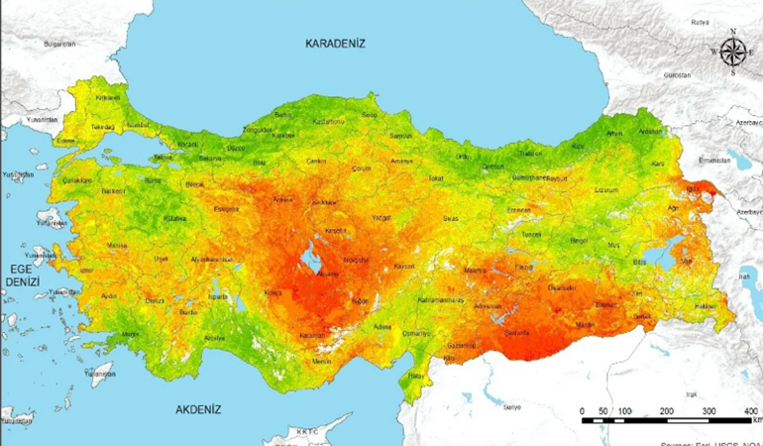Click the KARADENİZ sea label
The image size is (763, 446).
(x=335, y=44)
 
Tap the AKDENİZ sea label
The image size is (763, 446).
(x=198, y=408)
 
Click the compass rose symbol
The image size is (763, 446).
(x=732, y=53)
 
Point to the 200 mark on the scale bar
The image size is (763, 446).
(x=666, y=410)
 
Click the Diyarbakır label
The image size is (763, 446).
(x=560, y=287)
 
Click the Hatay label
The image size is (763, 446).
(x=417, y=376)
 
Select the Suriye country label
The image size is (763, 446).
(x=511, y=406)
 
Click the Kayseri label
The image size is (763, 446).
(x=403, y=266)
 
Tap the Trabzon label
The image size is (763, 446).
(x=531, y=154)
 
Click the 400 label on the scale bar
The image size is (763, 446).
(x=750, y=410)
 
